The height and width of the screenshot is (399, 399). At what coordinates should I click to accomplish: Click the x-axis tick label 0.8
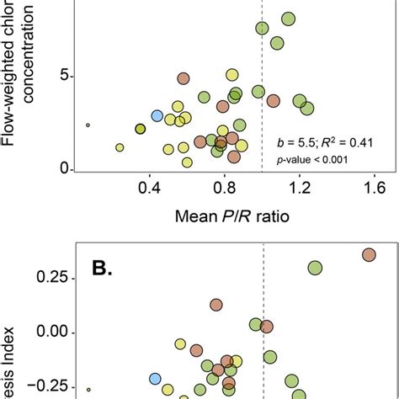pyautogui.click(x=224, y=189)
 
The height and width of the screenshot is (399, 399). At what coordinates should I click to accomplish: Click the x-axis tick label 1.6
pyautogui.click(x=373, y=189)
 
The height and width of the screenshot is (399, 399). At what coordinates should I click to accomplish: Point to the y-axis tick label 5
pyautogui.click(x=63, y=76)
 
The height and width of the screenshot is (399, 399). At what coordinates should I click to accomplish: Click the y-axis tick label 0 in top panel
pyautogui.click(x=63, y=169)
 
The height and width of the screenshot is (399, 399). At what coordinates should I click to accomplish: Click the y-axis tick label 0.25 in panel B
pyautogui.click(x=46, y=275)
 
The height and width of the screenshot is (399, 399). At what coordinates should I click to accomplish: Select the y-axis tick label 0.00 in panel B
pyautogui.click(x=46, y=332)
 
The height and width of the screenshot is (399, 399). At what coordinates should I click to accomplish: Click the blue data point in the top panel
pyautogui.click(x=157, y=116)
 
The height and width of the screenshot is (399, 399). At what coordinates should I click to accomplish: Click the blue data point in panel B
pyautogui.click(x=155, y=379)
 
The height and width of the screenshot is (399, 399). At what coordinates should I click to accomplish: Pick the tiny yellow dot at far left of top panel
pyautogui.click(x=88, y=125)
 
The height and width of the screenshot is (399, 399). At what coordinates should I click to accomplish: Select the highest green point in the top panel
pyautogui.click(x=288, y=19)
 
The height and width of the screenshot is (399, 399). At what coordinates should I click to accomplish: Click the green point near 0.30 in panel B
pyautogui.click(x=315, y=268)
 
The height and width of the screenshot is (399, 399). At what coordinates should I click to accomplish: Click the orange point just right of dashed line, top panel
pyautogui.click(x=273, y=101)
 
